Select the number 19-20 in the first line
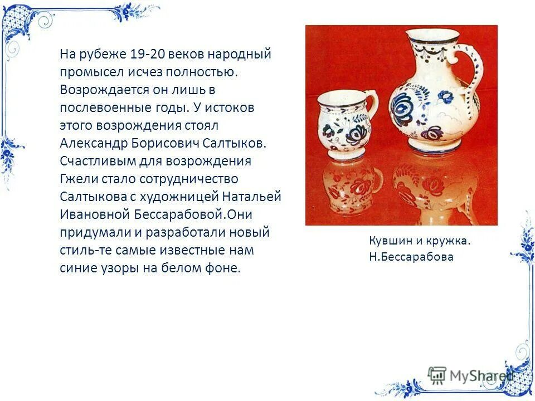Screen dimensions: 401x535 148,55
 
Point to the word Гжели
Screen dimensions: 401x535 78,179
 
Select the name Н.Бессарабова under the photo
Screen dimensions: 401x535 411,257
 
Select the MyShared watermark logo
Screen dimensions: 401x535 471,375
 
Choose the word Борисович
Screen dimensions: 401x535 164,143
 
